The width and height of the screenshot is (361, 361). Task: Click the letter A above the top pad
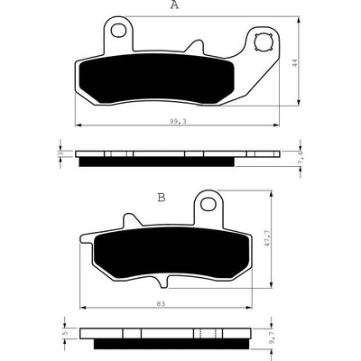coord(174,5)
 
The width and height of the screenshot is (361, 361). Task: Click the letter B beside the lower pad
coord(162,198)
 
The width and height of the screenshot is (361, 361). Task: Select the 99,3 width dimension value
coord(178,121)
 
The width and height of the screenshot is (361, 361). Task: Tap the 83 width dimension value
coord(161,304)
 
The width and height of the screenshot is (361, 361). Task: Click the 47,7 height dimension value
coord(266,239)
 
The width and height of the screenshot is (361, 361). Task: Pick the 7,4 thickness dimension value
coord(301,159)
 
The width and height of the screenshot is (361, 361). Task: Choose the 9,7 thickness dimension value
coord(273,339)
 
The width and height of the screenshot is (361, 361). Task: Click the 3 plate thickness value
coord(60,153)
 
